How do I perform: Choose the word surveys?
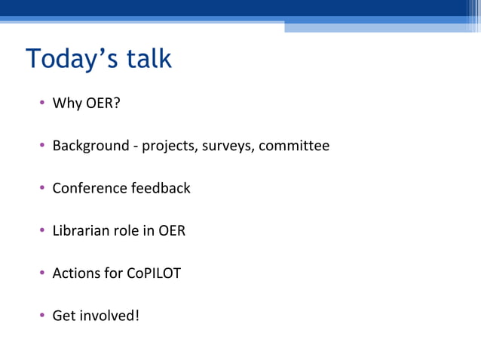[x=228, y=146]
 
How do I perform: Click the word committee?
[x=295, y=146]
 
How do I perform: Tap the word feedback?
[x=161, y=188]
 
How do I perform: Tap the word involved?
[x=109, y=316]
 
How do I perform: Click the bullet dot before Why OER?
[x=42, y=103]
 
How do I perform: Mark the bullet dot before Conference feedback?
[x=42, y=189]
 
